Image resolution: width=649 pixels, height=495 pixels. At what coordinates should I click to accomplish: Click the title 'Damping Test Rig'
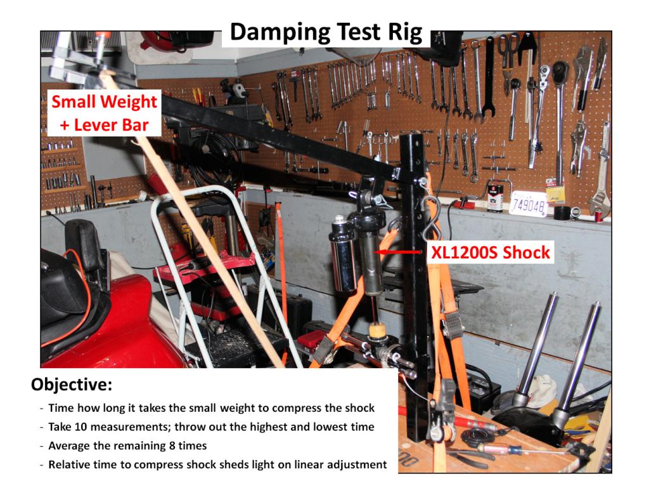326,32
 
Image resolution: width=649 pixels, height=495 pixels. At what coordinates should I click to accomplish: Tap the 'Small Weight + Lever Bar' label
105,113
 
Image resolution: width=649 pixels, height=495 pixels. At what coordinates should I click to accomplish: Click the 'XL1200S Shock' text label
491,252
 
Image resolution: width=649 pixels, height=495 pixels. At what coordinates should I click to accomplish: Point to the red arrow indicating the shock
398,252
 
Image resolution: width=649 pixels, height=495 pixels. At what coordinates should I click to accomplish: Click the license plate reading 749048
528,204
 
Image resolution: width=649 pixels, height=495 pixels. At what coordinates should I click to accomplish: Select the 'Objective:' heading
72,385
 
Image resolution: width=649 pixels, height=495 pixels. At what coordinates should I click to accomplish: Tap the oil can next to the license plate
496,198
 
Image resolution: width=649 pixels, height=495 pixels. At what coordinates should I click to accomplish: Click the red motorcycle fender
112,327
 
